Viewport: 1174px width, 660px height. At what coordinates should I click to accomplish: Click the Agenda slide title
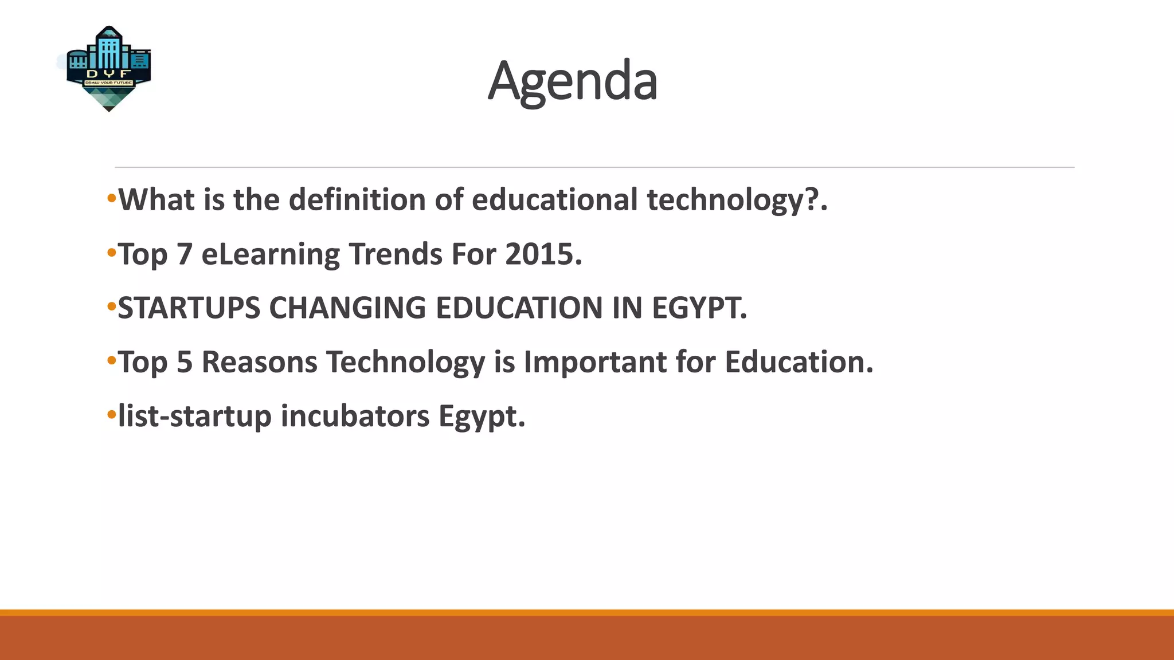[x=572, y=81]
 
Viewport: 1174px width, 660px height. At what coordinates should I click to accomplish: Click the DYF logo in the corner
[x=108, y=69]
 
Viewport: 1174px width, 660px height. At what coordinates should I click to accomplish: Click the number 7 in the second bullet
[x=184, y=254]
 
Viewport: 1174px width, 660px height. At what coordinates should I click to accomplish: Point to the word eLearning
[x=271, y=254]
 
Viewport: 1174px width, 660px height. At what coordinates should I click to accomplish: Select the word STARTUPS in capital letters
[x=189, y=308]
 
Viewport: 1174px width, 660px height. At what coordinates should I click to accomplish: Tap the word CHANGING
[x=347, y=308]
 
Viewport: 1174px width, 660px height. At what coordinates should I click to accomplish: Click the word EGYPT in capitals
[x=699, y=308]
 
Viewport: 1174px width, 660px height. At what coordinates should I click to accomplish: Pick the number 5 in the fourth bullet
[x=184, y=362]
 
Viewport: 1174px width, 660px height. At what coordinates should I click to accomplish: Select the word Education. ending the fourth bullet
[x=799, y=362]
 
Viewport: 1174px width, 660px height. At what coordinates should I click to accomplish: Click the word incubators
[x=355, y=416]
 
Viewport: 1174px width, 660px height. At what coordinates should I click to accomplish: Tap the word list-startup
[x=194, y=416]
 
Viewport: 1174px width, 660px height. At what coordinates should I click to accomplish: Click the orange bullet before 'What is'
[x=111, y=199]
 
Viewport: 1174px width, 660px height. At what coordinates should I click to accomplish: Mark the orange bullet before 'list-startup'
[x=111, y=415]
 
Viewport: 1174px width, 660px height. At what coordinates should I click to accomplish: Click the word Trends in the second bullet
[x=395, y=254]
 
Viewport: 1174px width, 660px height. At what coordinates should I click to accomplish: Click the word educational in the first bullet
[x=554, y=200]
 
